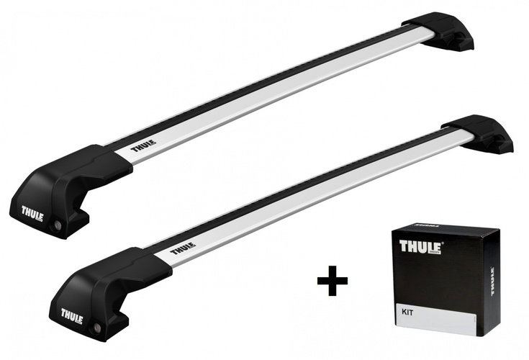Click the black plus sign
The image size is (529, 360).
tap(333, 280)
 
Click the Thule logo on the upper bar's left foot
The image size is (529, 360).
tap(32, 214)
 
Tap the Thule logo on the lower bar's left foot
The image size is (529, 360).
tap(72, 316)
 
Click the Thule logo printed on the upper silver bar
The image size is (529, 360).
tap(143, 145)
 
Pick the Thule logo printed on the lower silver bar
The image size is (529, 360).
tap(183, 248)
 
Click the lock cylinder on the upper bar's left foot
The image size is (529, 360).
tap(57, 225)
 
